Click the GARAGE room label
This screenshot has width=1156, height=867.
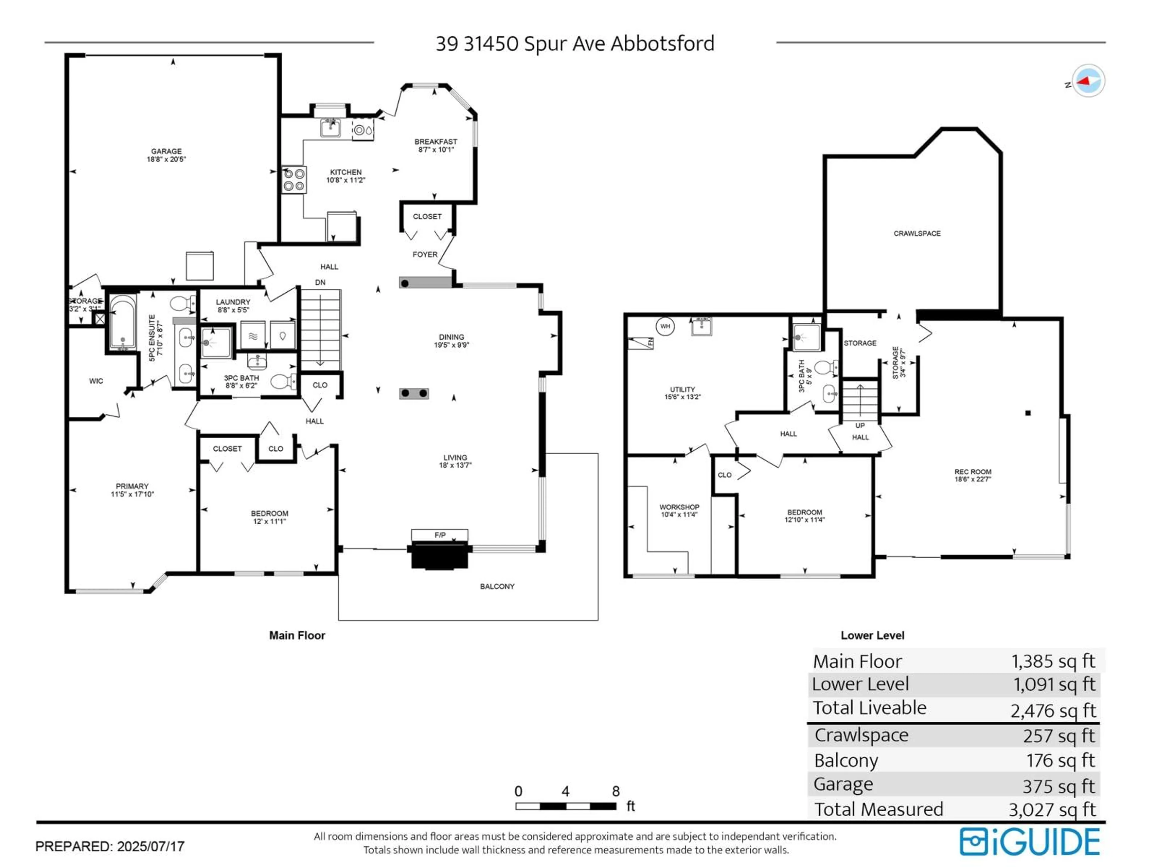[166, 151]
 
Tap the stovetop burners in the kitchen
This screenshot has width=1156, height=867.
[294, 180]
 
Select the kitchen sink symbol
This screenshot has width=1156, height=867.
[330, 128]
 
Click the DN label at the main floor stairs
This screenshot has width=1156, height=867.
[320, 282]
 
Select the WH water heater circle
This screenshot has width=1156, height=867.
[665, 326]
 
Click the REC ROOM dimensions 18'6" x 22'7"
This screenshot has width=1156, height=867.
[973, 479]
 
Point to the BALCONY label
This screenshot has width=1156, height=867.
[497, 586]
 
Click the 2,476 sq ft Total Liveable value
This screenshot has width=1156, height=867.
[1052, 710]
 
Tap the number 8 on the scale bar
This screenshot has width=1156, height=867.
[616, 791]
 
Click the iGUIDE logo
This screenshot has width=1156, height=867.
[1030, 842]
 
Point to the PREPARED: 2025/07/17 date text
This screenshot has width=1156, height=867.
[110, 846]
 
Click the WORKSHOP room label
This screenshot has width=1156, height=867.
[679, 507]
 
